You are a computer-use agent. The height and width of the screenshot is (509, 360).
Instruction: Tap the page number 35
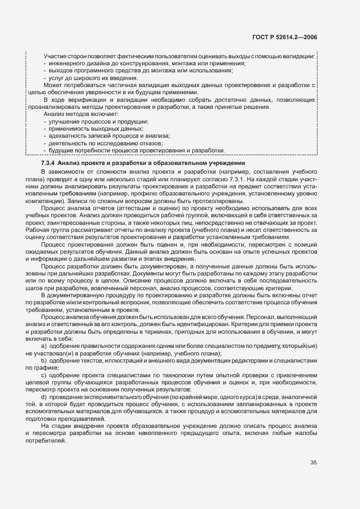tap(313, 463)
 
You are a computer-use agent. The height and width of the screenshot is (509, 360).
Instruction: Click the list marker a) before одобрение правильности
tap(44, 346)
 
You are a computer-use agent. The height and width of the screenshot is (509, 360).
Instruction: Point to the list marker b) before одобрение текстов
tap(44, 361)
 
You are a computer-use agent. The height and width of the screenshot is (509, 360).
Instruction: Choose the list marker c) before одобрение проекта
tap(44, 376)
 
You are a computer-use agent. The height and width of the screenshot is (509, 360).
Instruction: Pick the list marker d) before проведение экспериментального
tap(44, 397)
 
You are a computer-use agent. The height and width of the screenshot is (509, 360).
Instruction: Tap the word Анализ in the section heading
tap(70, 163)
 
